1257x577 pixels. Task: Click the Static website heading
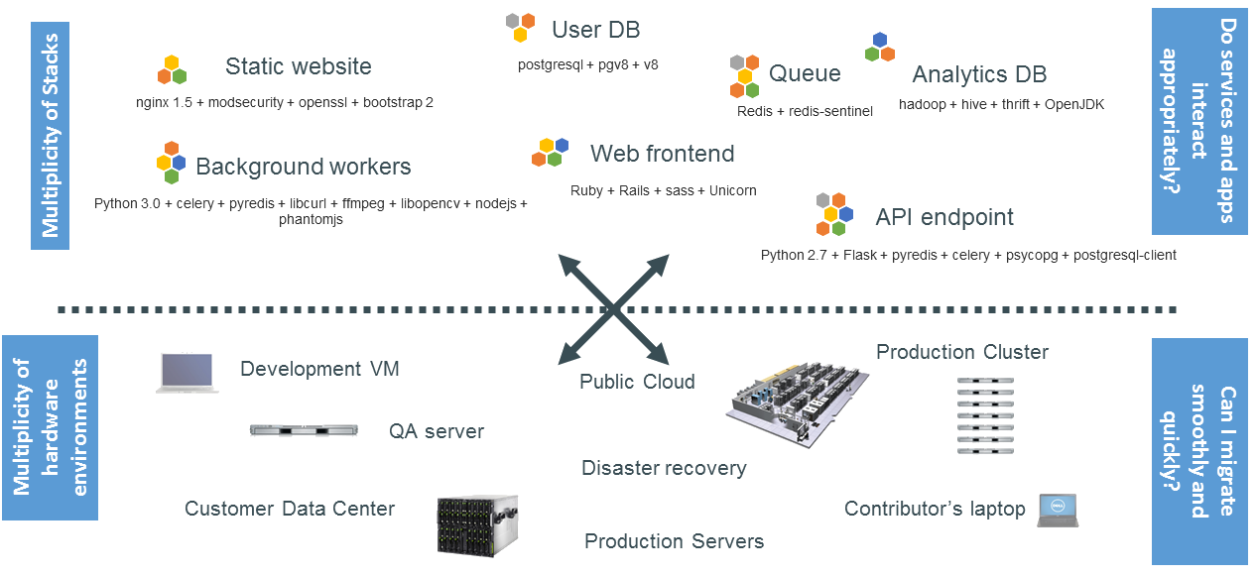(x=298, y=66)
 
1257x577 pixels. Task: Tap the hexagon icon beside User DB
(x=520, y=27)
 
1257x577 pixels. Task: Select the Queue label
(x=805, y=73)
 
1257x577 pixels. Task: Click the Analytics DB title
(x=978, y=74)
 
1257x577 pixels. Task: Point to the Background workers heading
(x=303, y=167)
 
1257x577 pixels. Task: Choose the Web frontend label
(x=662, y=154)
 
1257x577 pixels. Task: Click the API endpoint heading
(x=944, y=217)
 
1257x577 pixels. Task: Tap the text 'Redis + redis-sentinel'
(x=805, y=111)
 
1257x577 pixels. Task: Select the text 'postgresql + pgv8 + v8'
(x=587, y=64)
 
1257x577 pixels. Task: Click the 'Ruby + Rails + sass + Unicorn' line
(x=663, y=190)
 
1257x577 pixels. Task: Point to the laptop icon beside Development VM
(x=187, y=373)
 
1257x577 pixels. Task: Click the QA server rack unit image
(x=303, y=430)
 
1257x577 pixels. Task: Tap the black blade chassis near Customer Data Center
(x=478, y=522)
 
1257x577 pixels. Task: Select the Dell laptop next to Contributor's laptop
(x=1058, y=510)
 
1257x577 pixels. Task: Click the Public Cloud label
(x=637, y=382)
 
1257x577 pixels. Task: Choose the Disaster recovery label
(x=664, y=468)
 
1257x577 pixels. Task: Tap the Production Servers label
(x=674, y=541)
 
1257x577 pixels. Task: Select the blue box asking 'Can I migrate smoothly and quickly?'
(x=1199, y=451)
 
